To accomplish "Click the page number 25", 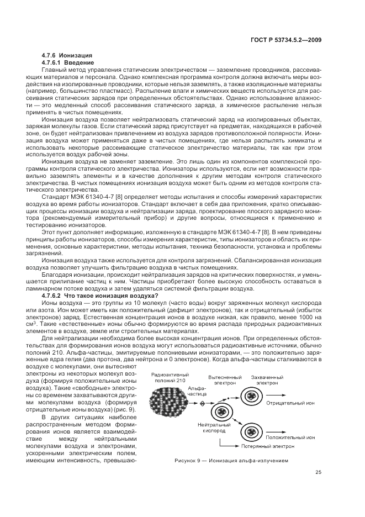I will [318, 471].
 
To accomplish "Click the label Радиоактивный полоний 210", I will [166, 377].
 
